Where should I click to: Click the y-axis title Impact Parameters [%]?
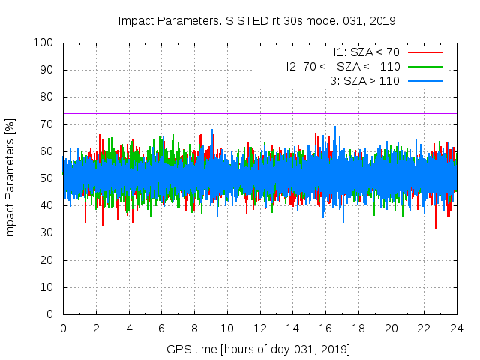point(10,178)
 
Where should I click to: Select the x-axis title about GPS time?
point(258,349)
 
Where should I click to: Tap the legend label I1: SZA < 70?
point(366,52)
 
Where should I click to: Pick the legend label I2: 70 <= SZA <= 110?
point(343,66)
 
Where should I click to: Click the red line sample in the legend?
point(424,52)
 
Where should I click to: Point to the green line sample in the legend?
point(424,66)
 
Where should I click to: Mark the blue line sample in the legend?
point(424,80)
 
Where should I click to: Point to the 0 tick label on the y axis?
point(52,314)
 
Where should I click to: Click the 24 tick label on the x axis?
point(456,328)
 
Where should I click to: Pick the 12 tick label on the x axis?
point(259,328)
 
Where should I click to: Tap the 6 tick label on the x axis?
point(161,328)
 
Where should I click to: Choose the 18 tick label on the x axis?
point(358,328)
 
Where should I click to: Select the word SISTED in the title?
point(244,20)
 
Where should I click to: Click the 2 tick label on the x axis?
point(96,328)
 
